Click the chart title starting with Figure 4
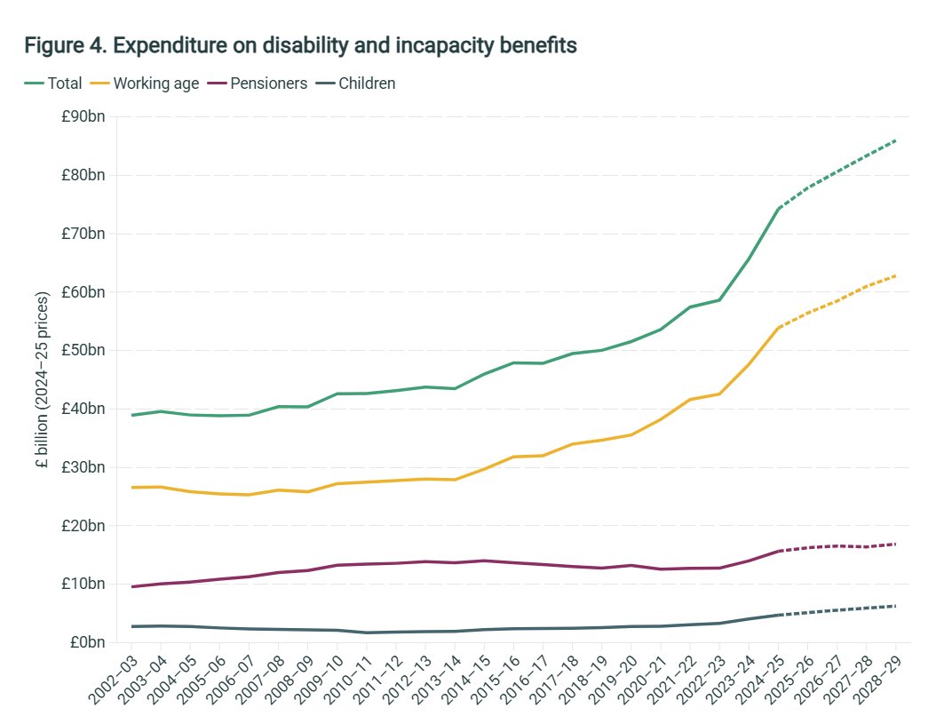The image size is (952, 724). tap(301, 44)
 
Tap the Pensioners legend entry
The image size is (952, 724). tap(258, 84)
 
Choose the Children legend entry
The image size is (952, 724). tap(355, 84)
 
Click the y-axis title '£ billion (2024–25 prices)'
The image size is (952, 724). tap(43, 379)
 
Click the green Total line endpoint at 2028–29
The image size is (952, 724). tap(895, 140)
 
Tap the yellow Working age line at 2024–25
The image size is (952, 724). tap(779, 327)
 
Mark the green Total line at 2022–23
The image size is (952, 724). tap(720, 299)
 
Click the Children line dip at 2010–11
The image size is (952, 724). tap(368, 633)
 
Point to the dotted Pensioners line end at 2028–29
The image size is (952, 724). tap(895, 544)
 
